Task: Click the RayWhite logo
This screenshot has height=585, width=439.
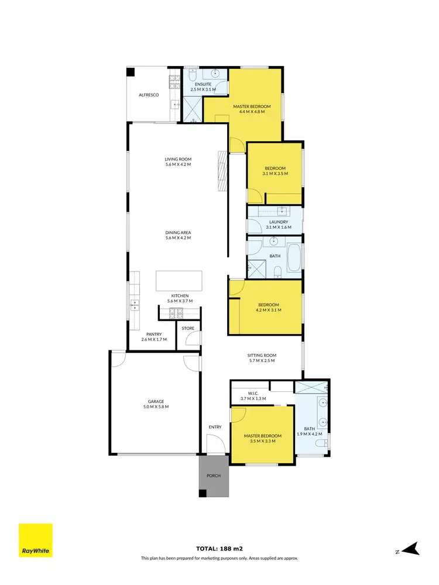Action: (36, 540)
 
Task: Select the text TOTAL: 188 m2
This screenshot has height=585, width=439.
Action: (220, 549)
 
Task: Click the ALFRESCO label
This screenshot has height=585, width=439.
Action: (149, 94)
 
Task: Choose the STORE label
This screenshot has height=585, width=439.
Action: (188, 328)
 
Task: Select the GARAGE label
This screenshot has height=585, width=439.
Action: (155, 401)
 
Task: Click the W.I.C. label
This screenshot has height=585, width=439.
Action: (253, 393)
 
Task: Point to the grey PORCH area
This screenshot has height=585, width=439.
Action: (214, 476)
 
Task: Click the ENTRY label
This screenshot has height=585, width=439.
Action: (215, 427)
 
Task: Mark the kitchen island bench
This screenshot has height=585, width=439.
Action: (179, 281)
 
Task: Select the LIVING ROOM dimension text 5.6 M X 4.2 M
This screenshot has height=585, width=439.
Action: (179, 164)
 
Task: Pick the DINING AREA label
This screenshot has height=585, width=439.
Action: (179, 232)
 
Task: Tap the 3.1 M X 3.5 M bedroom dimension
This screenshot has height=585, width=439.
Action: (275, 174)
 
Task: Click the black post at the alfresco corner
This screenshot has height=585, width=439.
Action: (131, 72)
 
